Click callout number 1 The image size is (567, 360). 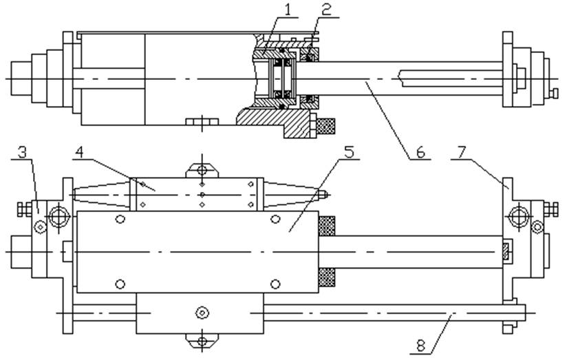tap(288, 10)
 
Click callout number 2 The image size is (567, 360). tap(326, 10)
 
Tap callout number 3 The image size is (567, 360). tap(23, 152)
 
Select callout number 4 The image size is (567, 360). tap(79, 152)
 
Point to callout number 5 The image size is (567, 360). tap(350, 152)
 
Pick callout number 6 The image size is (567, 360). tap(420, 152)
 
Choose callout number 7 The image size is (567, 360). tap(461, 152)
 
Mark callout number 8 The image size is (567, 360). tap(420, 346)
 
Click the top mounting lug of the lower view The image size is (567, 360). tap(202, 171)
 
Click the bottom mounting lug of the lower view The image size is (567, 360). tap(202, 341)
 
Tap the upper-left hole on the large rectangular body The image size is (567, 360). tap(120, 219)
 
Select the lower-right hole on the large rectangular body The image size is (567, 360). tap(275, 284)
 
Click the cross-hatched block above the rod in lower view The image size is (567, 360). tap(327, 226)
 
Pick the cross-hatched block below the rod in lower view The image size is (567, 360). tap(327, 277)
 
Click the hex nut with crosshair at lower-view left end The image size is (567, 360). tap(59, 217)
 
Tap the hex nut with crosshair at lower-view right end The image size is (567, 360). tap(519, 217)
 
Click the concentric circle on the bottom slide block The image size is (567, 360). tap(202, 313)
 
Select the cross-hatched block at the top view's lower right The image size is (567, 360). tap(325, 126)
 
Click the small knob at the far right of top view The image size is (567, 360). tap(553, 94)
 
